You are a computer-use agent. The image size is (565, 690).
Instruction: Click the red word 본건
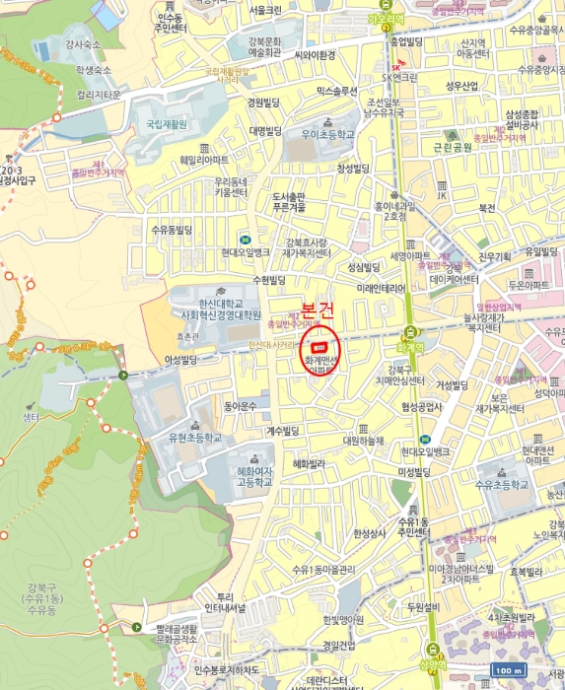[318, 311]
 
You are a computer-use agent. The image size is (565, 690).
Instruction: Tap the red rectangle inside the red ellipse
[318, 347]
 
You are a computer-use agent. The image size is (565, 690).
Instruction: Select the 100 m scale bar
[506, 670]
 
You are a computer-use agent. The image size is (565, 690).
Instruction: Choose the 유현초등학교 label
[195, 437]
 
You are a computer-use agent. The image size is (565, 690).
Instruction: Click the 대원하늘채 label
[363, 441]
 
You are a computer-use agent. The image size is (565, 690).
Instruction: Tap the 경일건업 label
[338, 646]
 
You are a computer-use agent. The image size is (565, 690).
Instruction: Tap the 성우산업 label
[461, 86]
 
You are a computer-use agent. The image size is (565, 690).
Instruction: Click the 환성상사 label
[371, 533]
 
